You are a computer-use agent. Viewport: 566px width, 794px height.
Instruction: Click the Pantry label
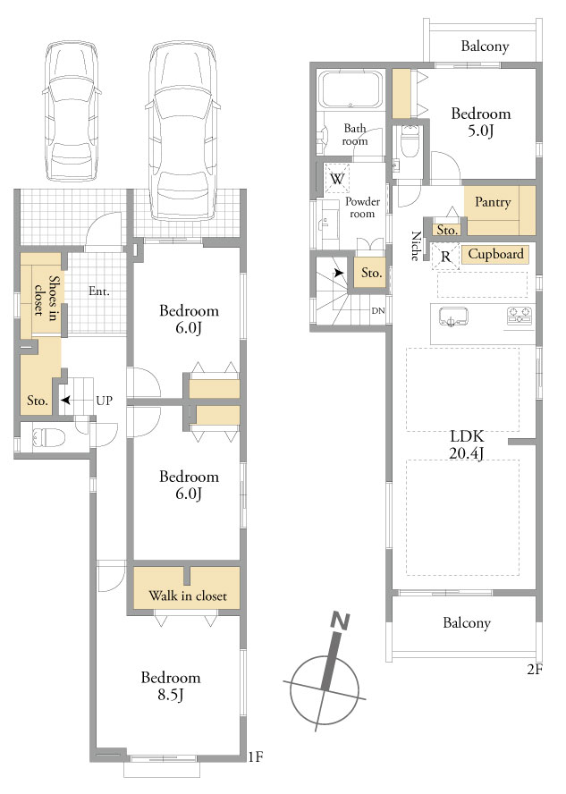click(492, 203)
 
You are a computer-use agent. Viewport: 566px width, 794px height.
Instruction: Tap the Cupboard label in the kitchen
click(495, 254)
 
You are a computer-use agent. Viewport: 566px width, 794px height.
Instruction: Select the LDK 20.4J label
click(466, 444)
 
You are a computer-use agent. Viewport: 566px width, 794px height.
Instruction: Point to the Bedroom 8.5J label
click(171, 686)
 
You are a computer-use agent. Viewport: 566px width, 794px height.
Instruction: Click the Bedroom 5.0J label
click(480, 122)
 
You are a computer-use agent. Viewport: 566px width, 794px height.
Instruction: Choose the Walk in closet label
click(187, 596)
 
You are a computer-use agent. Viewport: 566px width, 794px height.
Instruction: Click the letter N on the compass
click(340, 621)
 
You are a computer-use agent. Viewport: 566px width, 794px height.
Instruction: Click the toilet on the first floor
click(48, 436)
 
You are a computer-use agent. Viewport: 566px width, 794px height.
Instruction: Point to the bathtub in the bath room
click(351, 89)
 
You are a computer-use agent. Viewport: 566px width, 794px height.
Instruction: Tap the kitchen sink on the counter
click(453, 317)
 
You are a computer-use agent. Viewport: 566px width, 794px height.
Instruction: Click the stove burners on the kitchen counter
click(520, 316)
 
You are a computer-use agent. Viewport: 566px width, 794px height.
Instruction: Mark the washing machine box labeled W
click(337, 178)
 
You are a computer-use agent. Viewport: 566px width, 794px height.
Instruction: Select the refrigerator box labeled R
click(445, 257)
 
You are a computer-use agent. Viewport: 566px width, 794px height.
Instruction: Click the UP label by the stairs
click(104, 401)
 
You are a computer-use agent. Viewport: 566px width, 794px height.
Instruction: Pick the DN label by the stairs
click(377, 311)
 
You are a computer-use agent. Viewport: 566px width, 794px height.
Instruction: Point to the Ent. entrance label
click(98, 291)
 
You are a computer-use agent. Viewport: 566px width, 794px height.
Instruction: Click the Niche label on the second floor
click(416, 246)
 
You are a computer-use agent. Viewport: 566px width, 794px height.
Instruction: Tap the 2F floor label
click(534, 670)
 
